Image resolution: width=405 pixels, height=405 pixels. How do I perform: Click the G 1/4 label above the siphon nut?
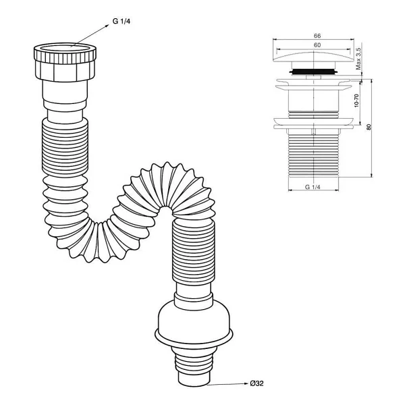pos(121,21)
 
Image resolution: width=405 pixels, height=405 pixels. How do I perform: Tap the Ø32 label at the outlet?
pos(256,383)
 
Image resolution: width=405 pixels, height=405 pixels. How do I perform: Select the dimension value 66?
pos(317,36)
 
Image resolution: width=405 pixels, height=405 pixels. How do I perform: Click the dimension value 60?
pos(317,45)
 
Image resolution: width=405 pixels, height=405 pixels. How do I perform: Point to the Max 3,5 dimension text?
pos(358,59)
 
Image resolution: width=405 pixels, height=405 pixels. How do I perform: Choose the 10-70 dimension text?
pos(356,101)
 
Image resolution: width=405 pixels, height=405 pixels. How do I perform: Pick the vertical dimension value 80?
pos(369,127)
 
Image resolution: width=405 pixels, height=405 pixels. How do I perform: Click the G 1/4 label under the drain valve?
pos(313,187)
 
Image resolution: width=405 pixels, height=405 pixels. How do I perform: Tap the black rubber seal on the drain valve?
pos(313,71)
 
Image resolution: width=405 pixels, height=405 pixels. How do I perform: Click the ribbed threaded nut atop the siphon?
pos(65,61)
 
